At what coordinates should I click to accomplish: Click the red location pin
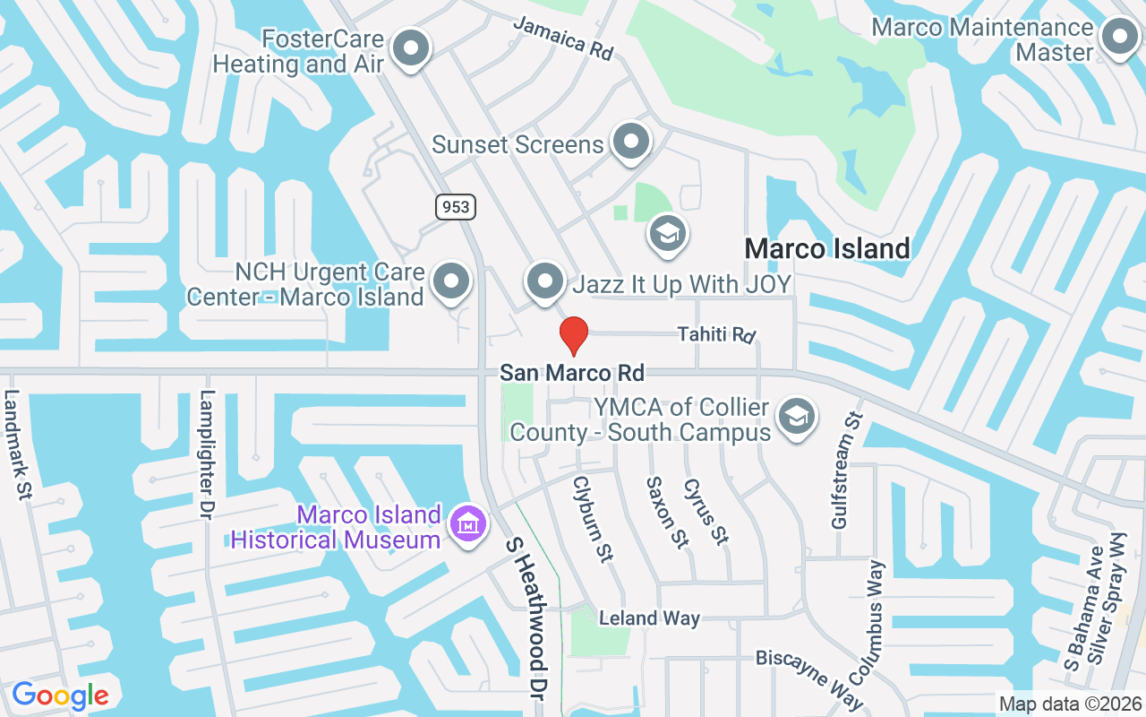(x=573, y=336)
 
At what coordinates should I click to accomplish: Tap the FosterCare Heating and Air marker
(x=412, y=49)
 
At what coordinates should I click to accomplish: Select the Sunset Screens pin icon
(x=631, y=142)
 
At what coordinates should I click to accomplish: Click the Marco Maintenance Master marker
(x=1117, y=39)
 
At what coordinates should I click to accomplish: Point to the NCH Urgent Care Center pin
(x=451, y=282)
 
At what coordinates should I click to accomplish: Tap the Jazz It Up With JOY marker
(x=544, y=282)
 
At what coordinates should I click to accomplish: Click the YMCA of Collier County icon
(x=796, y=417)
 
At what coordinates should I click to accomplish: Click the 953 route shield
(x=456, y=207)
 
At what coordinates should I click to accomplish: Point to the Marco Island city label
(x=827, y=248)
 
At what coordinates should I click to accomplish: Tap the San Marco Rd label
(x=572, y=372)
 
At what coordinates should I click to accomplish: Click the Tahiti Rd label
(x=716, y=334)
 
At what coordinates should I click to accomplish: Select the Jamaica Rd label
(x=563, y=37)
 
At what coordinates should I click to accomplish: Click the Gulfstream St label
(x=846, y=470)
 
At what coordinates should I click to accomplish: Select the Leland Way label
(x=649, y=618)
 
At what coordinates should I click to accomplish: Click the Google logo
(x=60, y=695)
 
